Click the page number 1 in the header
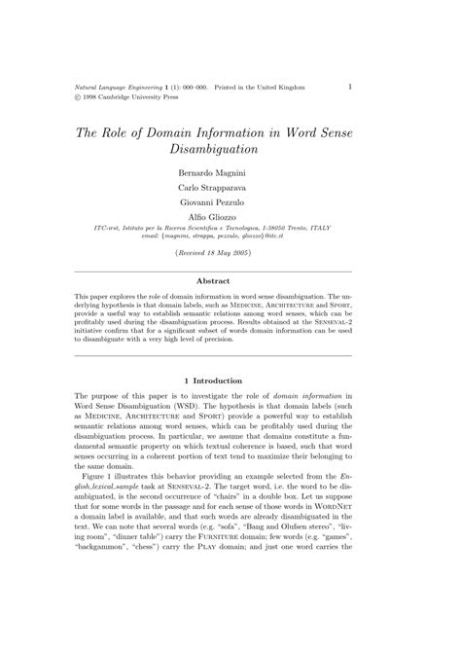(x=349, y=86)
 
